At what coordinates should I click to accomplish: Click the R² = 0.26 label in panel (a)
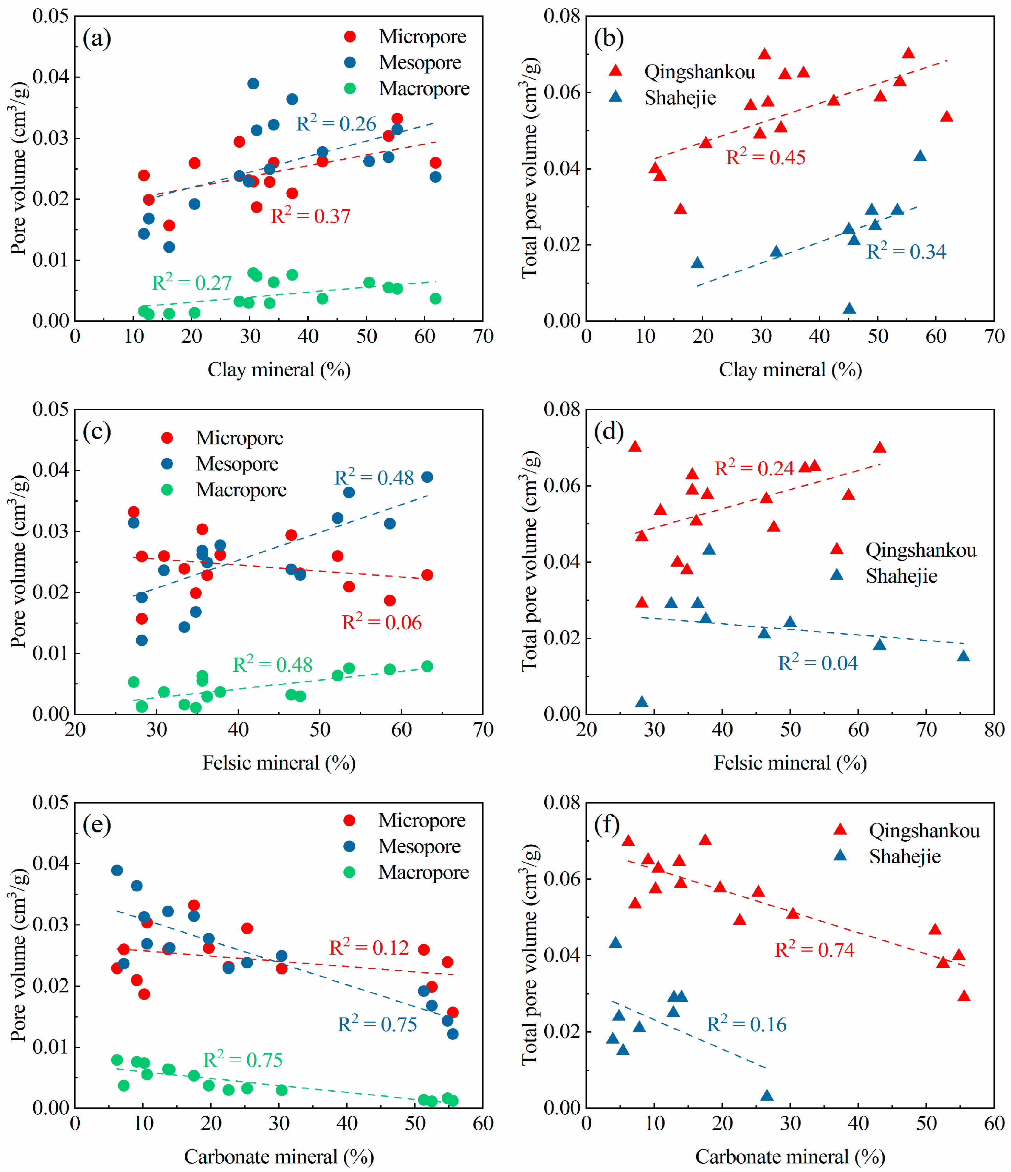[336, 123]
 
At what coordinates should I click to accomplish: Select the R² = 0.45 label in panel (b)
[765, 157]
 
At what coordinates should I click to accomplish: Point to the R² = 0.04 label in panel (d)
[818, 662]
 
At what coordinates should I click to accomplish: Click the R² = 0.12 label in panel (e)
[369, 947]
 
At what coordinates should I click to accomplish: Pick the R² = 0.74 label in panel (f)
[814, 949]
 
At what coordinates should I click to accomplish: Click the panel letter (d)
[609, 432]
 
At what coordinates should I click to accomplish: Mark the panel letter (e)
[97, 825]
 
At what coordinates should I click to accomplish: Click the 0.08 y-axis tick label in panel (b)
[562, 16]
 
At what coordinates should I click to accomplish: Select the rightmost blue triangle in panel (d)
[964, 656]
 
